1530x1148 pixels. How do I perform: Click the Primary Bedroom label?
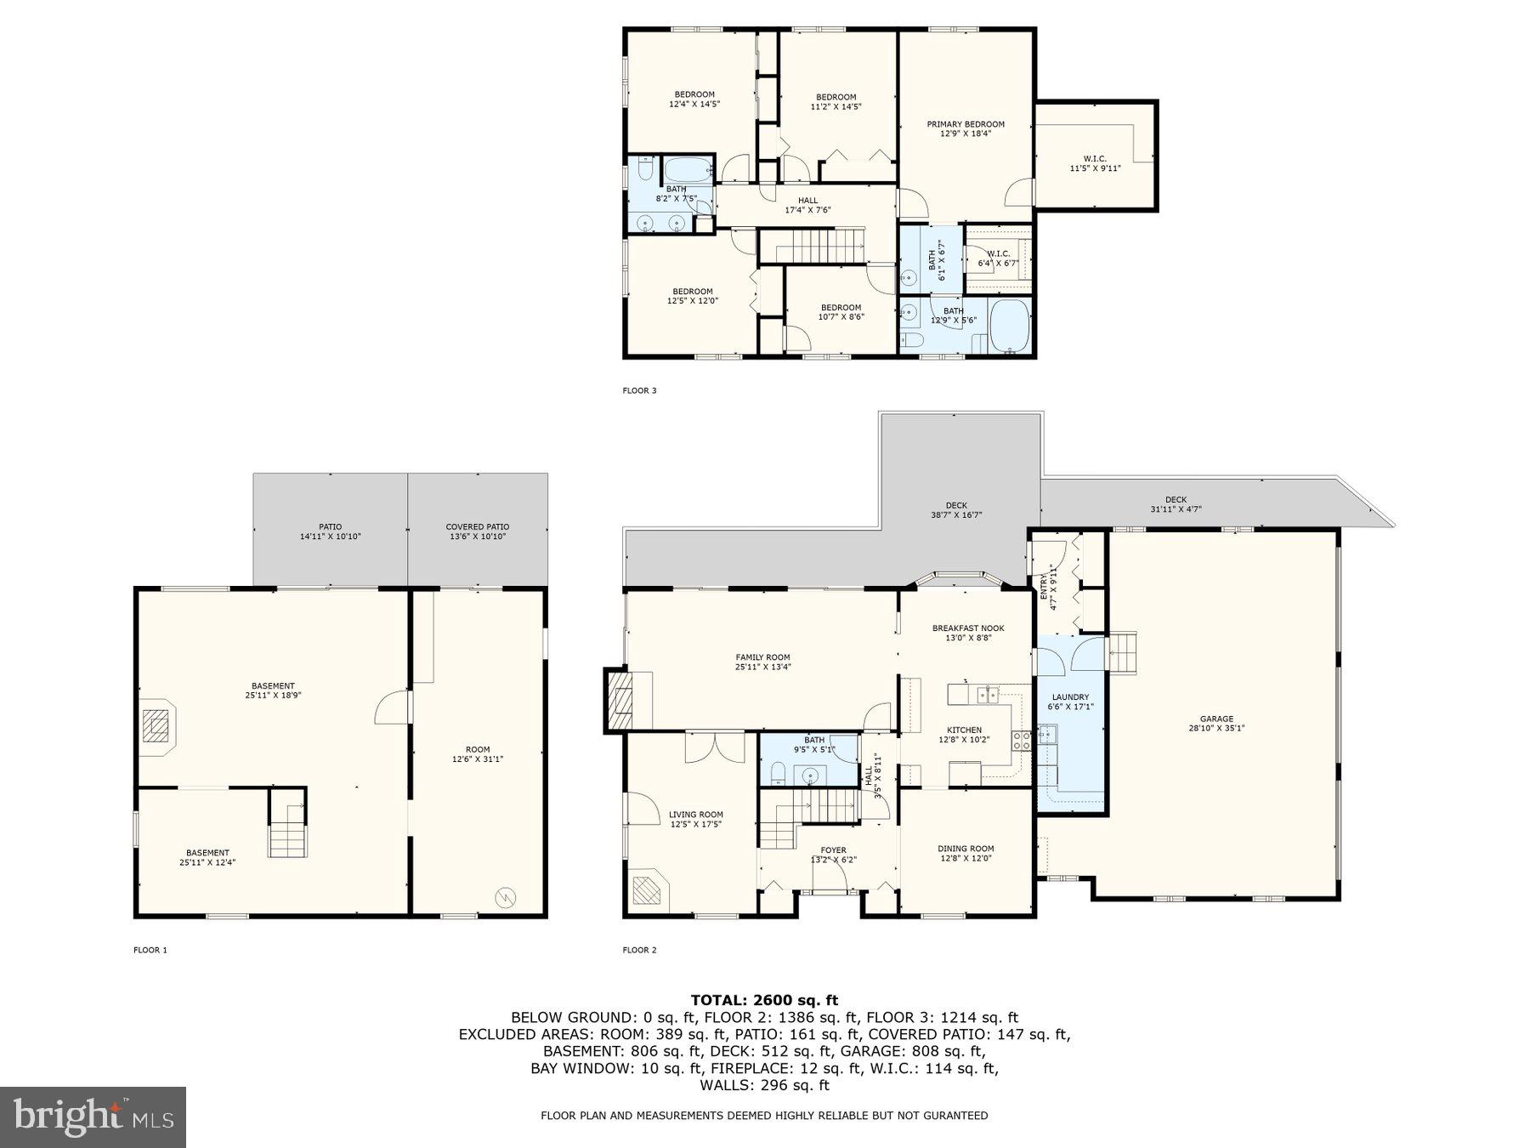coord(966,129)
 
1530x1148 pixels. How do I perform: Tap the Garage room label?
coord(1216,723)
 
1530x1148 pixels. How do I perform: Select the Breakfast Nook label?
coord(968,633)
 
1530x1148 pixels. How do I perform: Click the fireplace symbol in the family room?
coord(620,700)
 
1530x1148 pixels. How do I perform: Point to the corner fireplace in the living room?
coord(650,889)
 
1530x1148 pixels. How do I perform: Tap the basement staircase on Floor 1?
coord(288,829)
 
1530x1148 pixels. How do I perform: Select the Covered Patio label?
coord(478,531)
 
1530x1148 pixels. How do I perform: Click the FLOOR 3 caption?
coord(639,391)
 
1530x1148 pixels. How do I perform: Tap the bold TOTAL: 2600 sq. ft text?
coord(764,1000)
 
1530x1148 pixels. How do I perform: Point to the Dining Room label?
coord(966,853)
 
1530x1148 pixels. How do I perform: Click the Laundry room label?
coord(1070,702)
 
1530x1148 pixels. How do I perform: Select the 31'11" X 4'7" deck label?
coord(1176,505)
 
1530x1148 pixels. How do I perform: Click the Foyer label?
coord(833,855)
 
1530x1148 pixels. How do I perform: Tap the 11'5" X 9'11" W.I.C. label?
coord(1095,163)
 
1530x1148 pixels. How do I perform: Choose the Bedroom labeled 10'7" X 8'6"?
coord(841,312)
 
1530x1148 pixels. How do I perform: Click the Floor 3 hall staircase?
coord(811,246)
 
